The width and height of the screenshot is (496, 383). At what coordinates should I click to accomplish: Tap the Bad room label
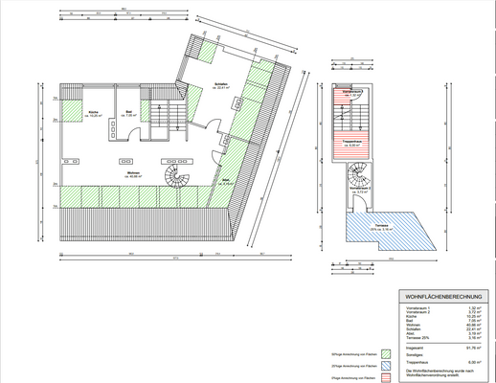128,113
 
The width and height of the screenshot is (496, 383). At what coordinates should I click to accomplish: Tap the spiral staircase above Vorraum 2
358,175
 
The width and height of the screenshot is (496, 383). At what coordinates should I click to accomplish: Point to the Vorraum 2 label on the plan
356,191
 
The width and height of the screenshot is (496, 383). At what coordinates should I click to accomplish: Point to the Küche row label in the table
407,315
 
